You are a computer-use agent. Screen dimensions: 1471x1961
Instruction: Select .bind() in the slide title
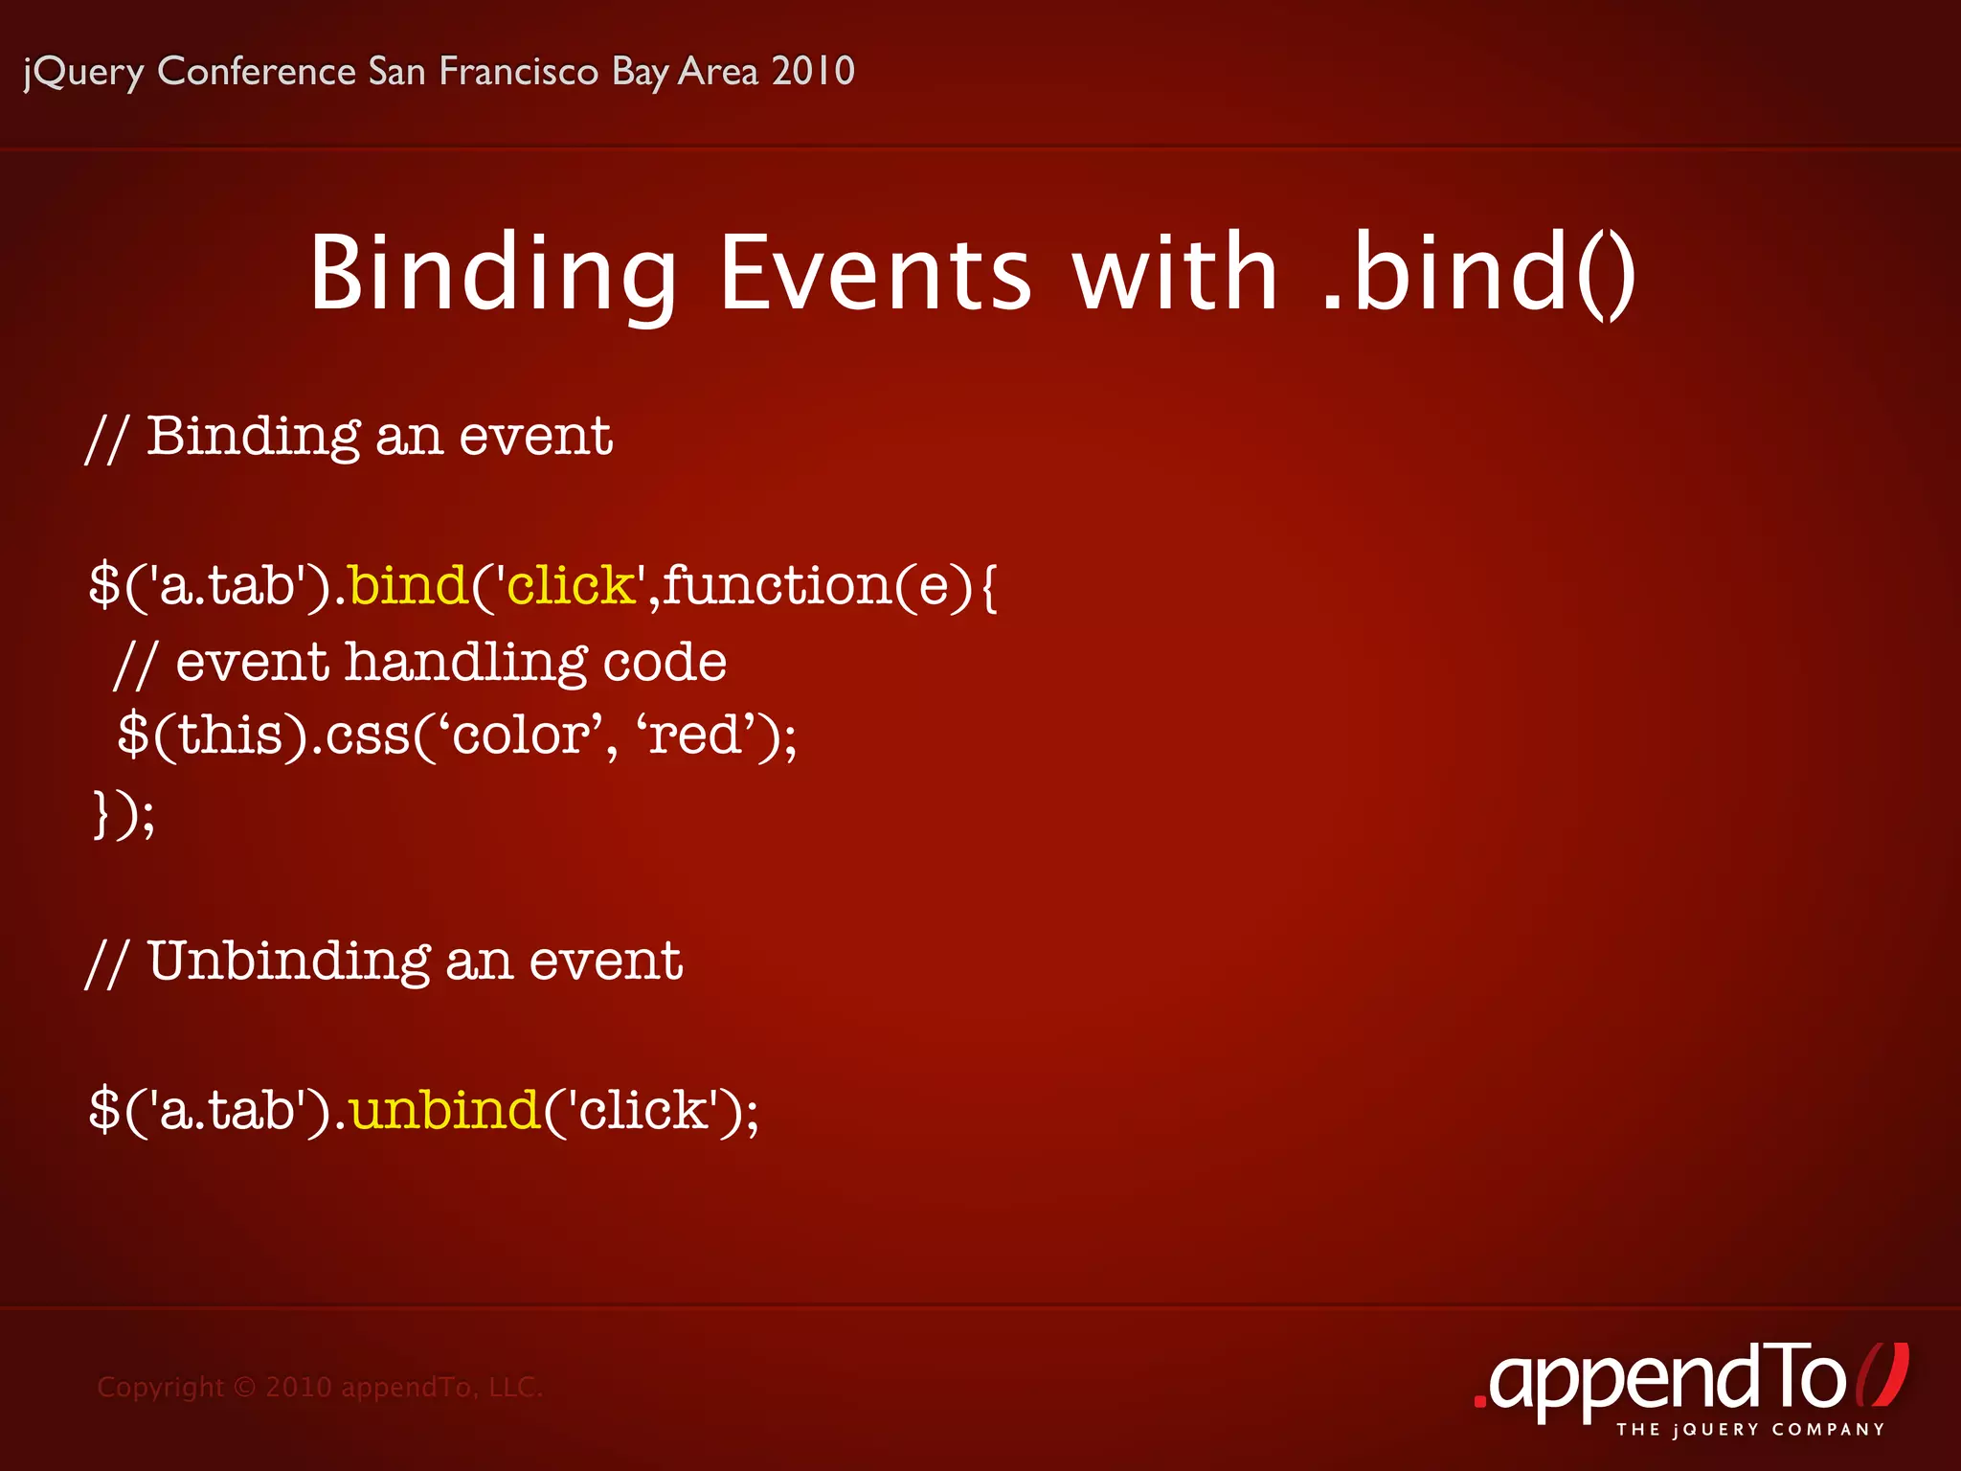point(1478,275)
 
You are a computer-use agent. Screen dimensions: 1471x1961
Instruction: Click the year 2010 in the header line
point(813,72)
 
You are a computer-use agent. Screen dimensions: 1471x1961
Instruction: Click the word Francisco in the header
point(518,72)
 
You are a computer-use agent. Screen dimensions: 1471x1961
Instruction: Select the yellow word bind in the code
point(408,585)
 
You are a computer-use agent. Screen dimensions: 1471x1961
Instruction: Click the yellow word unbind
point(444,1110)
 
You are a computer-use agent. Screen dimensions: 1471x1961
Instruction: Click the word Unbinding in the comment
point(288,962)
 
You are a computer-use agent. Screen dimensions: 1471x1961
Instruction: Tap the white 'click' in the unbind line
point(642,1110)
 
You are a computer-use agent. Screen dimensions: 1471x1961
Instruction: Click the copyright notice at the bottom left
point(320,1387)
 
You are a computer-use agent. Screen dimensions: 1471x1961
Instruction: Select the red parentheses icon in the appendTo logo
point(1882,1376)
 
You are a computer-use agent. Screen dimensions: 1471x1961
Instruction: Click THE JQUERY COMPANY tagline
point(1750,1430)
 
